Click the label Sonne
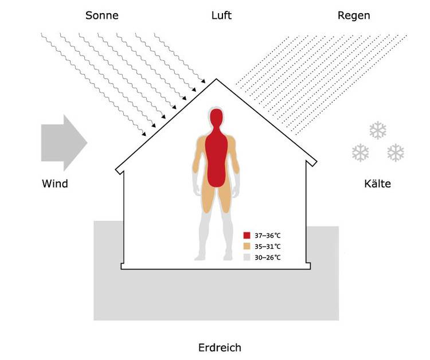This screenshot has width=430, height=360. point(101,15)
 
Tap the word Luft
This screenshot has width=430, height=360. point(221,15)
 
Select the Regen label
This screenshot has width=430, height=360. point(354,15)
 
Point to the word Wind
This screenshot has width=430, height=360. point(55,183)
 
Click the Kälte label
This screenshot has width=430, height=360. point(377,183)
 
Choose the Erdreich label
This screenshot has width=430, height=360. point(220,347)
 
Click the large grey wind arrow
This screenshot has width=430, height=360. point(64,143)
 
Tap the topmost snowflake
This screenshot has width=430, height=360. point(378,130)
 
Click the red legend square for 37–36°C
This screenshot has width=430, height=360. point(247,236)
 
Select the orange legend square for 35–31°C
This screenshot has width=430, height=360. point(247,246)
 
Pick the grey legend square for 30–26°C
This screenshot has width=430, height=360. point(247,257)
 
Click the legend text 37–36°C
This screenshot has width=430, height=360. point(268,236)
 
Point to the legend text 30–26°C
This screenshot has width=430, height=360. point(268,257)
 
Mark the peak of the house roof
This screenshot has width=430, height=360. point(216,79)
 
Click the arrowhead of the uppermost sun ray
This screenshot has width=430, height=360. point(203,81)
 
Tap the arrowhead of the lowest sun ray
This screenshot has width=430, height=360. point(144,134)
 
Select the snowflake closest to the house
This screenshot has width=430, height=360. point(361,152)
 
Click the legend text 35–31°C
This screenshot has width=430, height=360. point(268,246)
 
